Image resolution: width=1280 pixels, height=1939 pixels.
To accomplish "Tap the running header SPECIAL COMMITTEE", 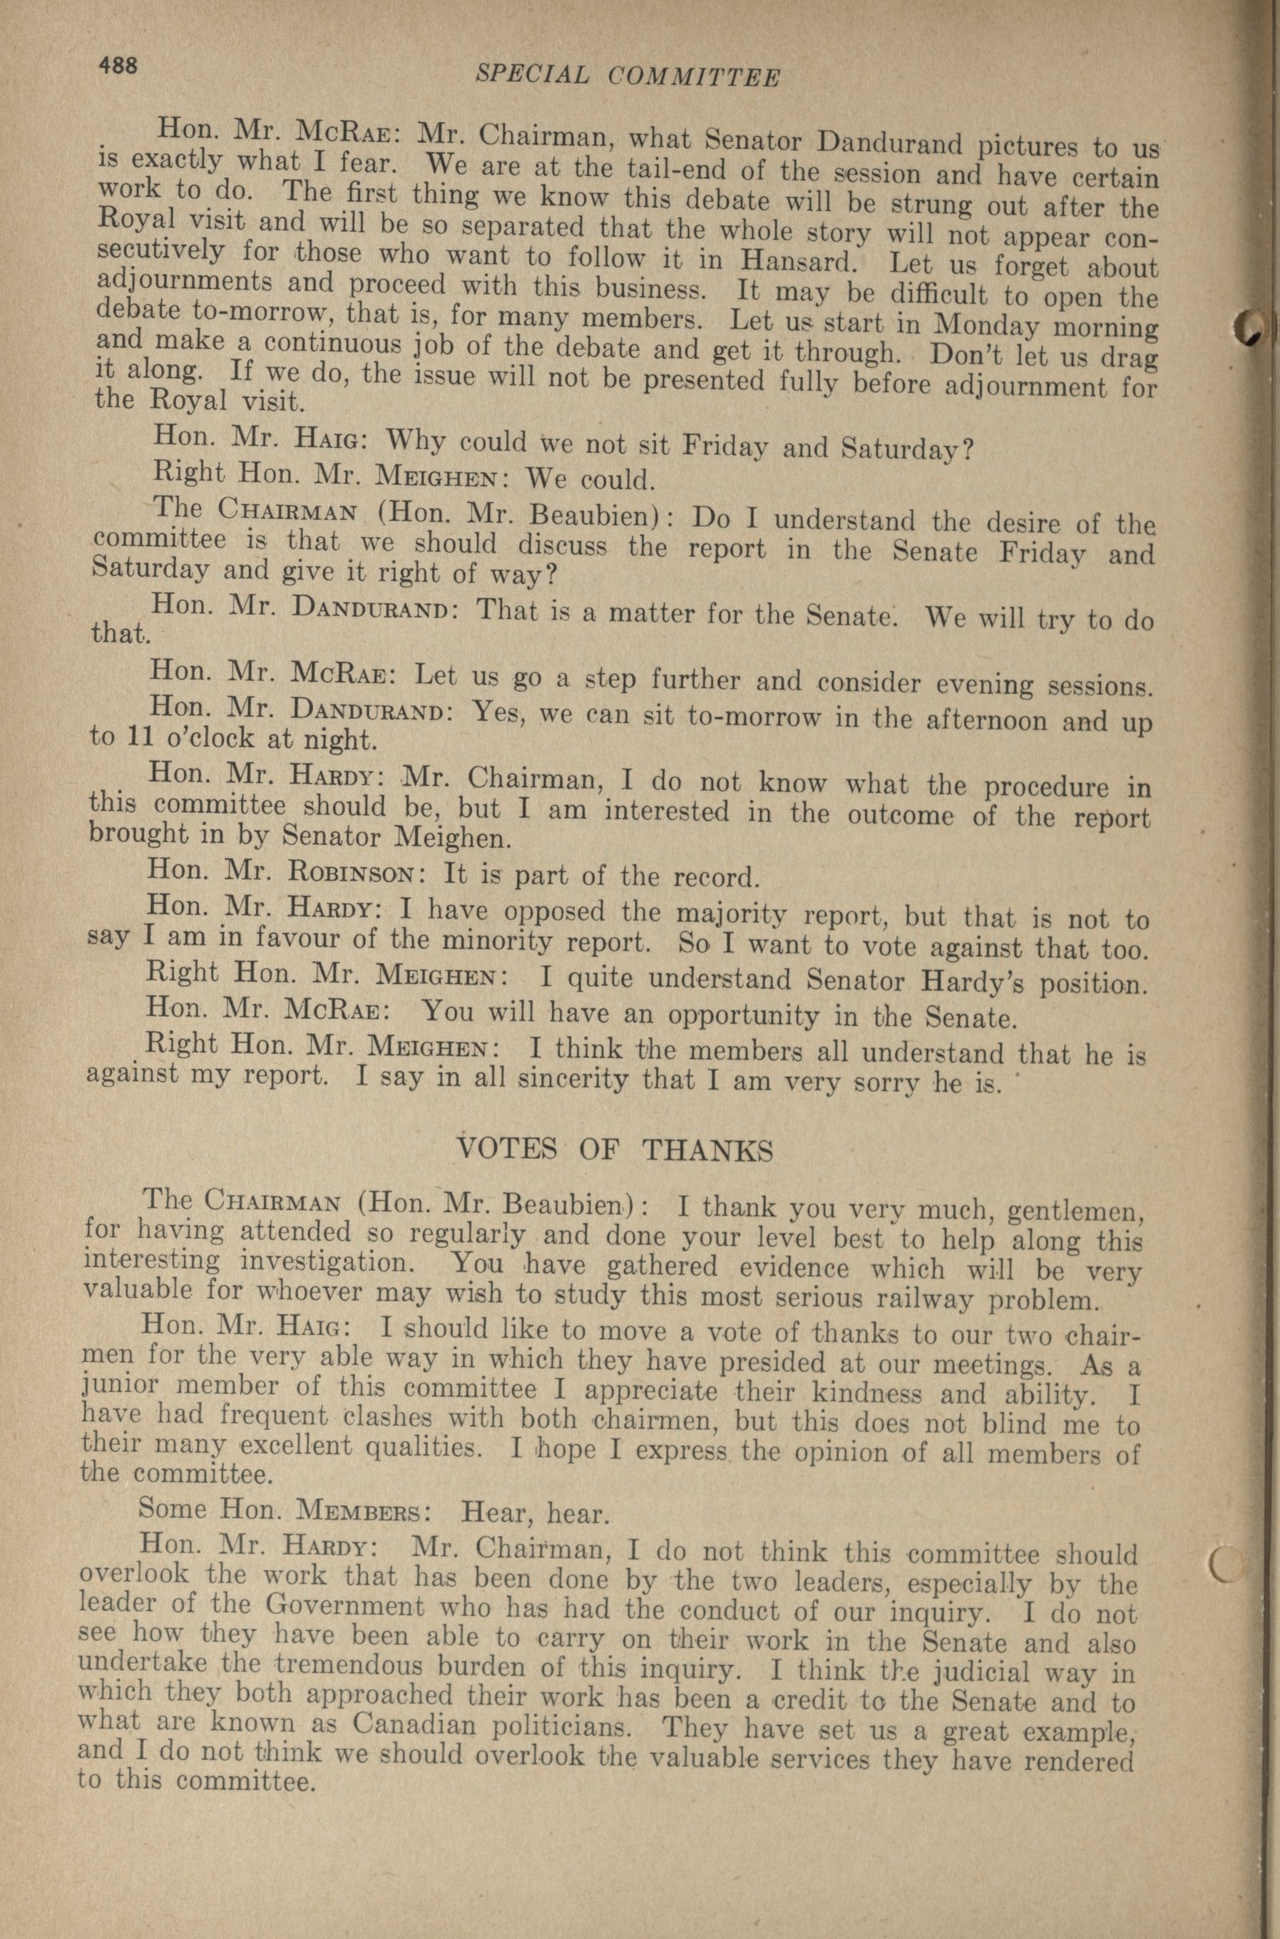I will coord(627,76).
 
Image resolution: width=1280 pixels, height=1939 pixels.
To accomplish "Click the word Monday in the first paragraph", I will coord(988,324).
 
